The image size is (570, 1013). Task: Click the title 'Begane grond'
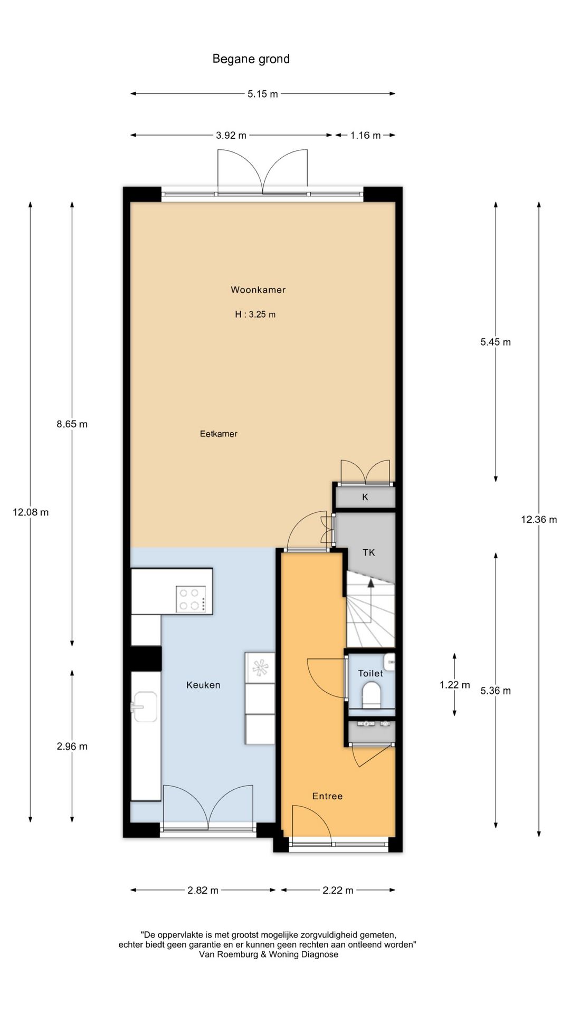(x=251, y=59)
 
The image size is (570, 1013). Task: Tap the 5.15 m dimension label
(x=263, y=94)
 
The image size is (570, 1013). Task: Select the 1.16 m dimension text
(x=365, y=136)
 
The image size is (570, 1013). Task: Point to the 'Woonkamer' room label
(x=258, y=290)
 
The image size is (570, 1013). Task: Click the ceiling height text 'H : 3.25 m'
(x=255, y=314)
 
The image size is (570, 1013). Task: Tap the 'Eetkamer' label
(x=218, y=434)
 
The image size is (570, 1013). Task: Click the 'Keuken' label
(x=203, y=685)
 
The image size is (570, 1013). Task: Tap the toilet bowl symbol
(x=372, y=694)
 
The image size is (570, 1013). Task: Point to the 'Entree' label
(x=327, y=796)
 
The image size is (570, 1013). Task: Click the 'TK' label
(x=368, y=552)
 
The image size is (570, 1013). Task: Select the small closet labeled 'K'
(x=365, y=497)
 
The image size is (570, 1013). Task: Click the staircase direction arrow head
(x=371, y=583)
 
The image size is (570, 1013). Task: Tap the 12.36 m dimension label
(x=539, y=520)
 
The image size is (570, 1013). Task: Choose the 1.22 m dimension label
(x=454, y=685)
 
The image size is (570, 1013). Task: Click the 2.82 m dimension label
(x=203, y=891)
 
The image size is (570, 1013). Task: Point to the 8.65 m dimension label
(x=72, y=424)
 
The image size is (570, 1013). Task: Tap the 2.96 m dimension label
(x=72, y=747)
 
